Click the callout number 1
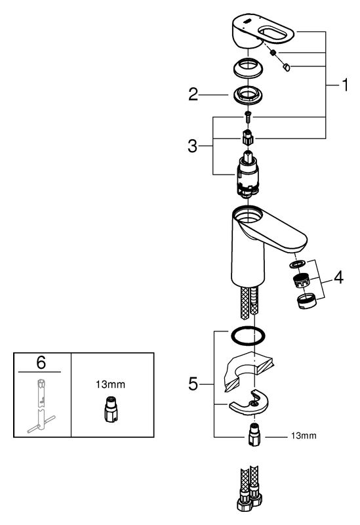point(344,85)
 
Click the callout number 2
point(193,94)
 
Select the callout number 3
point(193,146)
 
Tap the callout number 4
point(339,278)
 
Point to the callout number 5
point(193,384)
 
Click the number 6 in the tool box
point(41,362)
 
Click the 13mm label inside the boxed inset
point(110,385)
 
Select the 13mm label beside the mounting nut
point(304,436)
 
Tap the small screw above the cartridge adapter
point(249,117)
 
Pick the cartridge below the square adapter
point(248,174)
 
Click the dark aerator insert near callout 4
point(301,280)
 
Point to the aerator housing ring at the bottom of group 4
point(306,301)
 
